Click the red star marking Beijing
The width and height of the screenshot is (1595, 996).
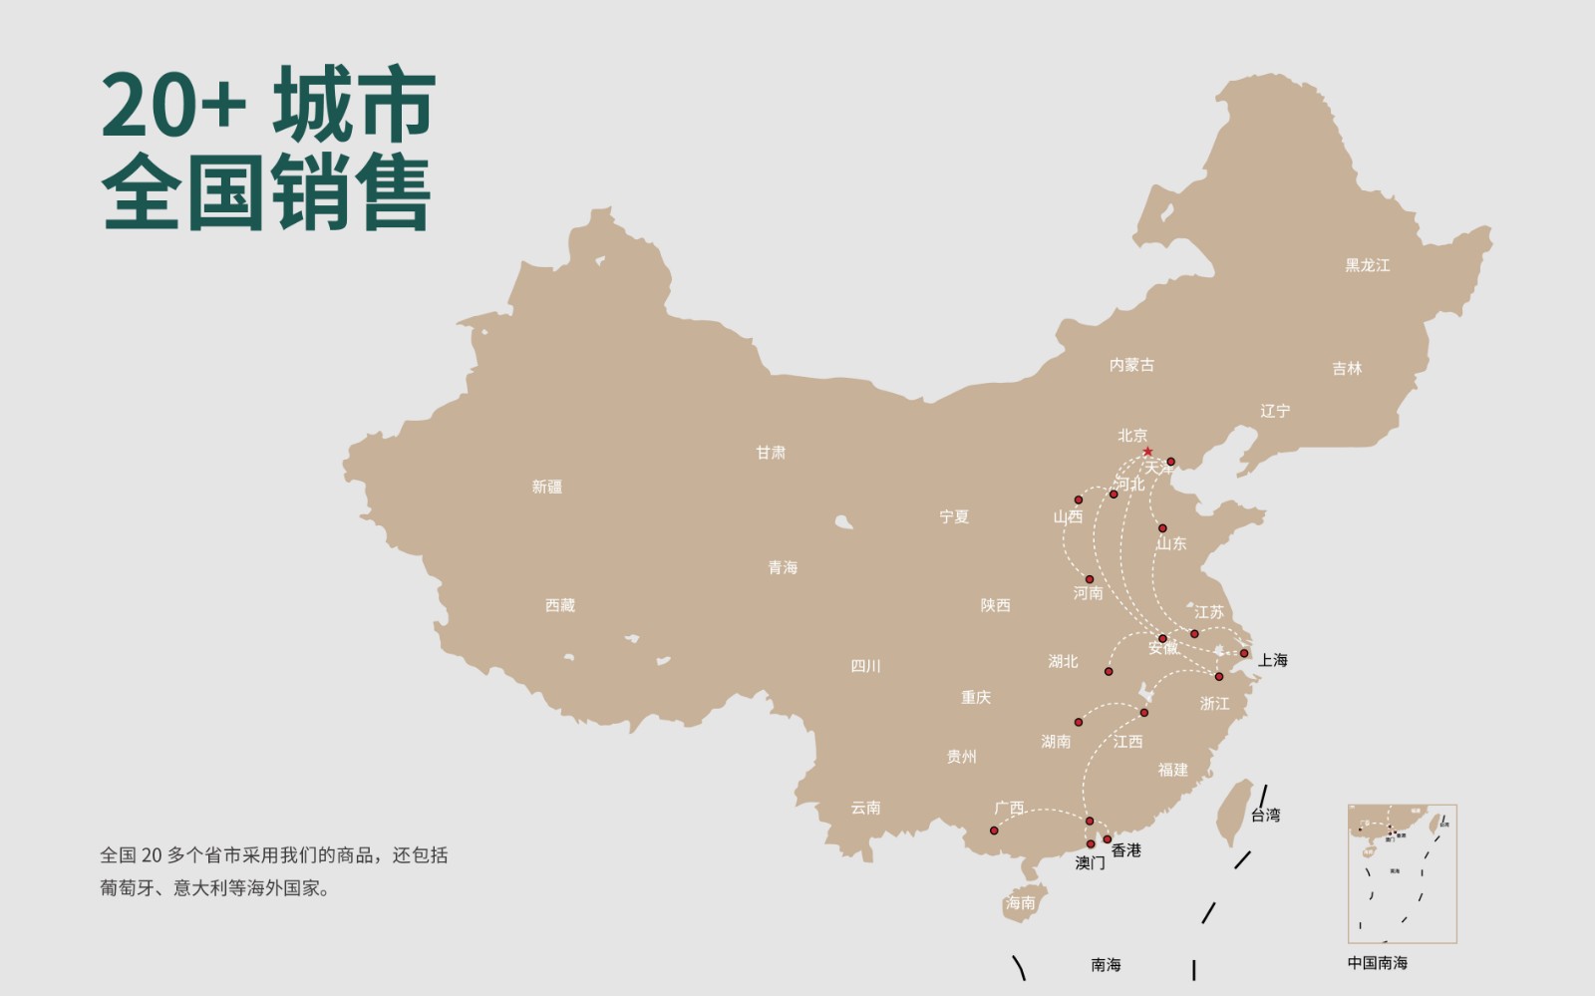[x=1147, y=452]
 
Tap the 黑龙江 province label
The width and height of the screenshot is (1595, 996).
[x=1367, y=265]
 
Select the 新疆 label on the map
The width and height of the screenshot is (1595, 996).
[x=546, y=487]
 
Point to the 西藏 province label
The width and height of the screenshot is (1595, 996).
[x=559, y=605]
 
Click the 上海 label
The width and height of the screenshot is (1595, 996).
[x=1272, y=660]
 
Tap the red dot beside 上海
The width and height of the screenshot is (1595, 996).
[x=1243, y=654]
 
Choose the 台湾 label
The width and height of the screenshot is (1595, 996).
[x=1265, y=815]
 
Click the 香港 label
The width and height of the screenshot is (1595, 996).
[x=1126, y=850]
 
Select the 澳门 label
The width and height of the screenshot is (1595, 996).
[x=1090, y=863]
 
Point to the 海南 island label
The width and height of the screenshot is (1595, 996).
[x=1020, y=903]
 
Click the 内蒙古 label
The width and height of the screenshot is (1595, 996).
[x=1131, y=365]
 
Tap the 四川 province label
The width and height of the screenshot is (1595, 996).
[x=865, y=666]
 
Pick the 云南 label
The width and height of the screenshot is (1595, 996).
[x=865, y=808]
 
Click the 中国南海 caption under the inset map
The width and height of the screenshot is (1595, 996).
[x=1377, y=963]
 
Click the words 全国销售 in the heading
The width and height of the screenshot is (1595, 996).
[x=266, y=192]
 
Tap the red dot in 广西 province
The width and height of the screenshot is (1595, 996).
[x=994, y=830]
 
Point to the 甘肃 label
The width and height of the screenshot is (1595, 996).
[x=771, y=453]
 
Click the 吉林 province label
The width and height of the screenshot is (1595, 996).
[x=1347, y=369]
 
